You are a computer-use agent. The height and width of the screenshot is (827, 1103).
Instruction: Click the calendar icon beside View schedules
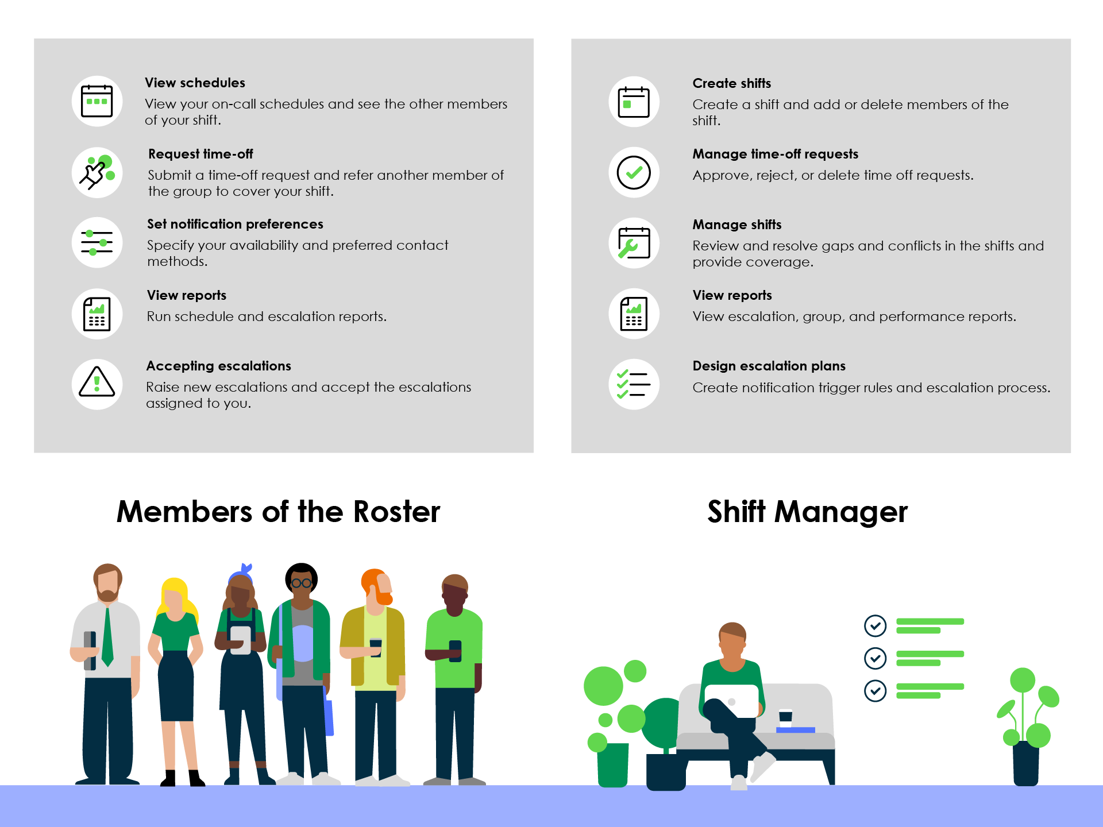97,101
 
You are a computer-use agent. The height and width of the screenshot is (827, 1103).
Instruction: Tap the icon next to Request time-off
97,172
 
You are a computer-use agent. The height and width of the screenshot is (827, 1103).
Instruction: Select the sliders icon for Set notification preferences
97,242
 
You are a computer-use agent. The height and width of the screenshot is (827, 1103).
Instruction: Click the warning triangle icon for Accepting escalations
97,384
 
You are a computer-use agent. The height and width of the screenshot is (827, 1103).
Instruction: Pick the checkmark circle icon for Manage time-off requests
634,172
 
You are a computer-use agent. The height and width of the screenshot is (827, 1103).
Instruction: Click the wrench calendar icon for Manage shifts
634,243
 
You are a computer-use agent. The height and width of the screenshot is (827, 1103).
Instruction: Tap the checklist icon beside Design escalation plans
634,384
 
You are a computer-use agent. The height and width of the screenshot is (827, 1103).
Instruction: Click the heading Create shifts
731,83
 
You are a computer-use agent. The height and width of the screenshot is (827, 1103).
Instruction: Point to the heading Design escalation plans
769,366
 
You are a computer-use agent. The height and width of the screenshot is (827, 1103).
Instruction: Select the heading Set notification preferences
235,224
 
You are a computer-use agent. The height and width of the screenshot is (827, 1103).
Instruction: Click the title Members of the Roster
278,511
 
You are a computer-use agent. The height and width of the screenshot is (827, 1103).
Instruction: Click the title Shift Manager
807,512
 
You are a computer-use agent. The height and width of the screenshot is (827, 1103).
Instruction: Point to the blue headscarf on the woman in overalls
242,573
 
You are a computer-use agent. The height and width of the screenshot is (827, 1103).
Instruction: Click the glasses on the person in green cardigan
301,583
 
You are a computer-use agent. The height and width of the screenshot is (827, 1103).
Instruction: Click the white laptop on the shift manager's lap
731,701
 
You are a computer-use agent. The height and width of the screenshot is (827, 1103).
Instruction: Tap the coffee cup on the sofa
785,718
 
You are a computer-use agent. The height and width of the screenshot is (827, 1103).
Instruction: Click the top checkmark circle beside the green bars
875,626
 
